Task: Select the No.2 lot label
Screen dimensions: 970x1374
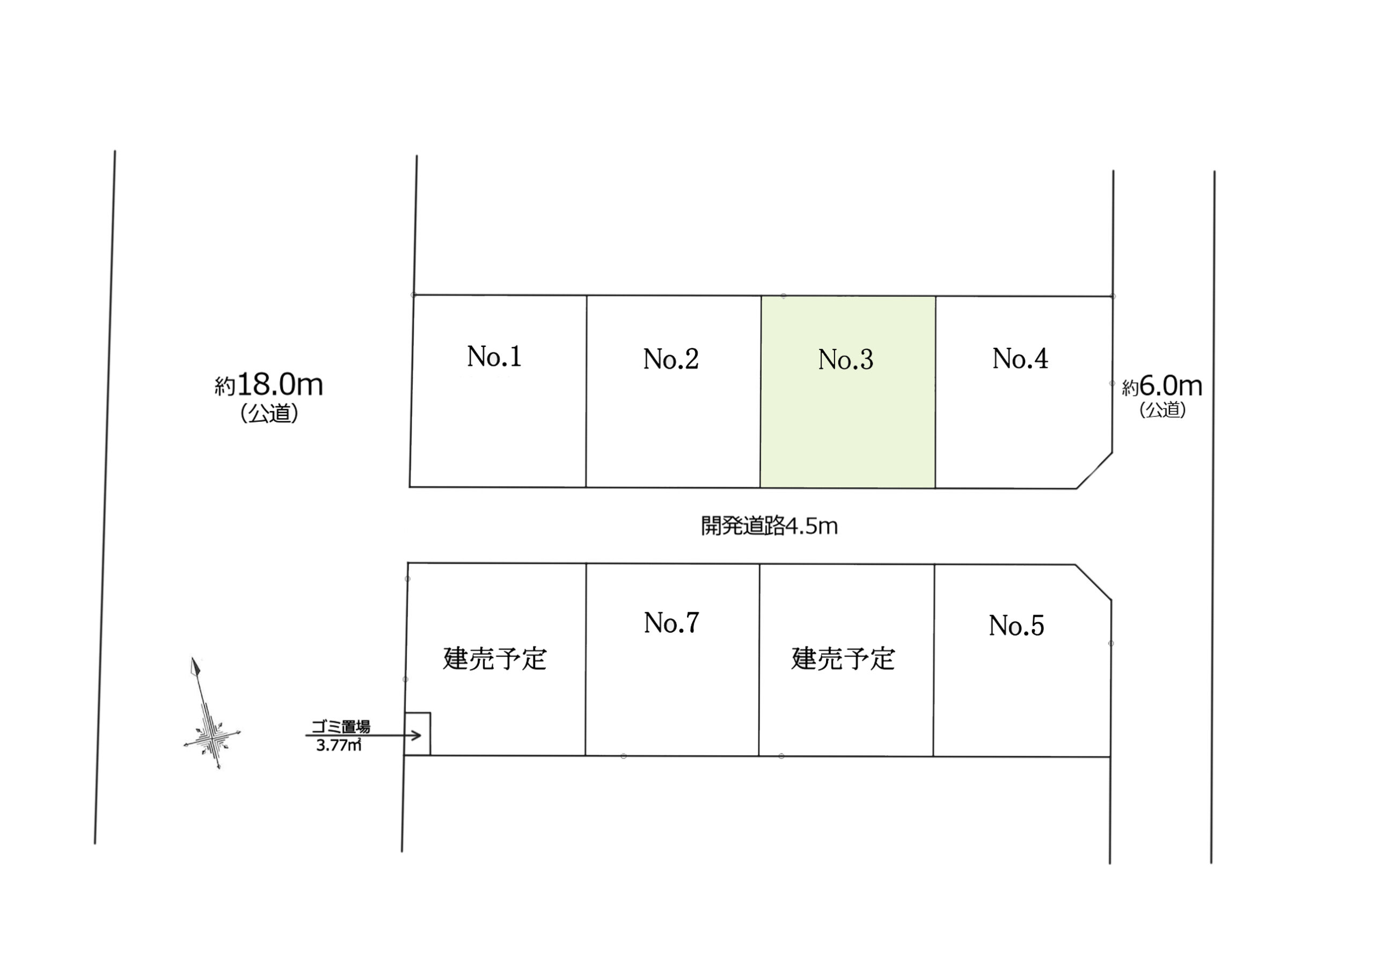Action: click(x=671, y=359)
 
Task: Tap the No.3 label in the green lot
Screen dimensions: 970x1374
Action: click(x=845, y=360)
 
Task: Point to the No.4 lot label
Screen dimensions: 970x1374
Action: click(x=1020, y=359)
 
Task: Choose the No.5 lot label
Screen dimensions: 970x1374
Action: click(x=1016, y=626)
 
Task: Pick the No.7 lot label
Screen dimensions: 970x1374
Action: click(x=671, y=623)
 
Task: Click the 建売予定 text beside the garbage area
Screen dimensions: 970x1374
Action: click(x=495, y=659)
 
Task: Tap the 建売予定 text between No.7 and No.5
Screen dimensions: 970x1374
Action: click(x=843, y=659)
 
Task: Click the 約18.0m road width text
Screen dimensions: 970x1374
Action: click(x=269, y=385)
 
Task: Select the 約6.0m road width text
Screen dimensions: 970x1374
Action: click(x=1161, y=386)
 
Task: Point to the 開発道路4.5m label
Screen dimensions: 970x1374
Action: click(x=769, y=527)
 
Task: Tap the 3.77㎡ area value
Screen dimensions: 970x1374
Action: click(x=339, y=746)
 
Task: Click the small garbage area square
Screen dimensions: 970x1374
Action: click(x=418, y=734)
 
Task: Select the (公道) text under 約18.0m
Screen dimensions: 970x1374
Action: click(x=269, y=413)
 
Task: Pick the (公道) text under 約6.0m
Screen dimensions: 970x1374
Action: click(x=1162, y=410)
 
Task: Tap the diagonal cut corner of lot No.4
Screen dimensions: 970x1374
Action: click(x=1094, y=470)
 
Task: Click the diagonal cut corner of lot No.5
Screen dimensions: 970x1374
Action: click(x=1093, y=582)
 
